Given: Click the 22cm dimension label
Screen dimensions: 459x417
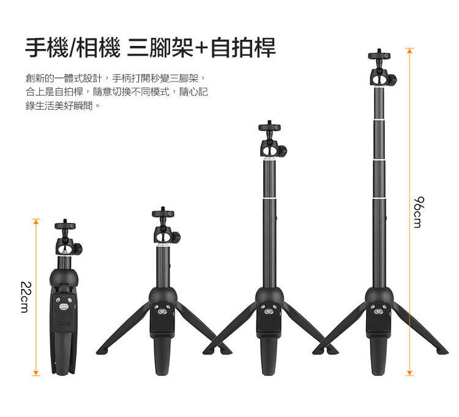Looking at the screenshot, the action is [26, 297].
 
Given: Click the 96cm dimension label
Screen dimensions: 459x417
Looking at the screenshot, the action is [419, 212].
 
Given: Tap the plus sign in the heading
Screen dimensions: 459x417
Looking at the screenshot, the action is [201, 48].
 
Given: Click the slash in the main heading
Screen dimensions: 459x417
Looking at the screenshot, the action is [72, 48].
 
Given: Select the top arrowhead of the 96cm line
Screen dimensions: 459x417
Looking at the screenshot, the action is [410, 50].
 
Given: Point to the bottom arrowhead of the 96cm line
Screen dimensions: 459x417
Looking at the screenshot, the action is [410, 373].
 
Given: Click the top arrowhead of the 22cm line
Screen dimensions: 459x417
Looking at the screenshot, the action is [35, 222].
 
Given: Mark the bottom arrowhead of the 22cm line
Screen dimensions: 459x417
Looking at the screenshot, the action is [35, 373].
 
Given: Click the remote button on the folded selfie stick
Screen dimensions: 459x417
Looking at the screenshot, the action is [64, 307].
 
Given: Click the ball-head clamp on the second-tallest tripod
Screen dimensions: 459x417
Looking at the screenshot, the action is [274, 149].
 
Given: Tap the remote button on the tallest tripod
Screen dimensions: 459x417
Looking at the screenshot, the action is [378, 312].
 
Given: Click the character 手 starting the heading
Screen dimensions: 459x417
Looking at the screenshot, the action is [35, 48].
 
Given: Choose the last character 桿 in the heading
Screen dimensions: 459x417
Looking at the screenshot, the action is [265, 48].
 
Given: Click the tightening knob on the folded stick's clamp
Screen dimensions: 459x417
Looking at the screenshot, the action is [78, 249].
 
